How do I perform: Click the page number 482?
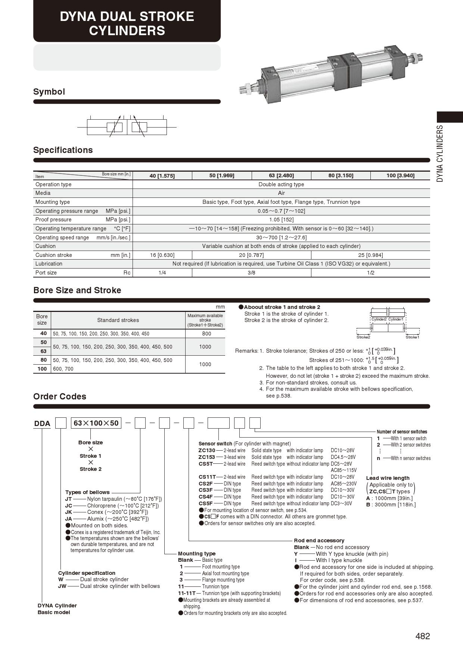coord(422,636)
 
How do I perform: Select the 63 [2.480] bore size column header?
coord(281,175)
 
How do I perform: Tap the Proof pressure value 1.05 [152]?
coord(281,220)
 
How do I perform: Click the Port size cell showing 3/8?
coord(251,273)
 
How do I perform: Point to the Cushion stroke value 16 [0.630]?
coord(162,255)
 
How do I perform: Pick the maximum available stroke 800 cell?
coord(205,334)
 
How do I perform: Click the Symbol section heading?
coord(49,92)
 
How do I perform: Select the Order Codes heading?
coord(60,396)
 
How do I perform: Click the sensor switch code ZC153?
coord(206,457)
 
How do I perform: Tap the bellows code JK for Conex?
coord(69,512)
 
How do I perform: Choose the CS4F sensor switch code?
coord(205,497)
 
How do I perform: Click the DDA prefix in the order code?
coord(42,423)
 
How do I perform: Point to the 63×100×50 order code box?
coord(96,423)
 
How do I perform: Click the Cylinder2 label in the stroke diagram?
coord(379,319)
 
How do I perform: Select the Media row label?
coord(43,193)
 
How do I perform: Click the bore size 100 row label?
coord(42,369)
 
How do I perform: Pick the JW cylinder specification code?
coord(62,586)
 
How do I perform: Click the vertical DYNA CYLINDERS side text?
coord(440,153)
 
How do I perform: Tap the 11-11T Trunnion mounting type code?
coord(187,593)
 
